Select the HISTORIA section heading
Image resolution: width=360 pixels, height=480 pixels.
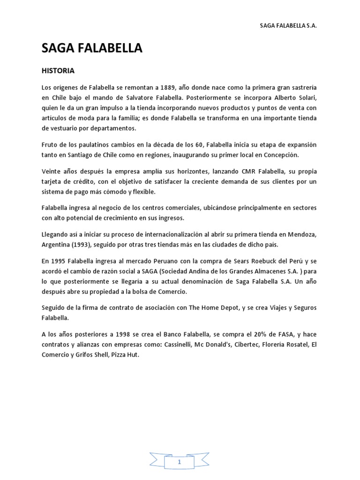58,71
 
